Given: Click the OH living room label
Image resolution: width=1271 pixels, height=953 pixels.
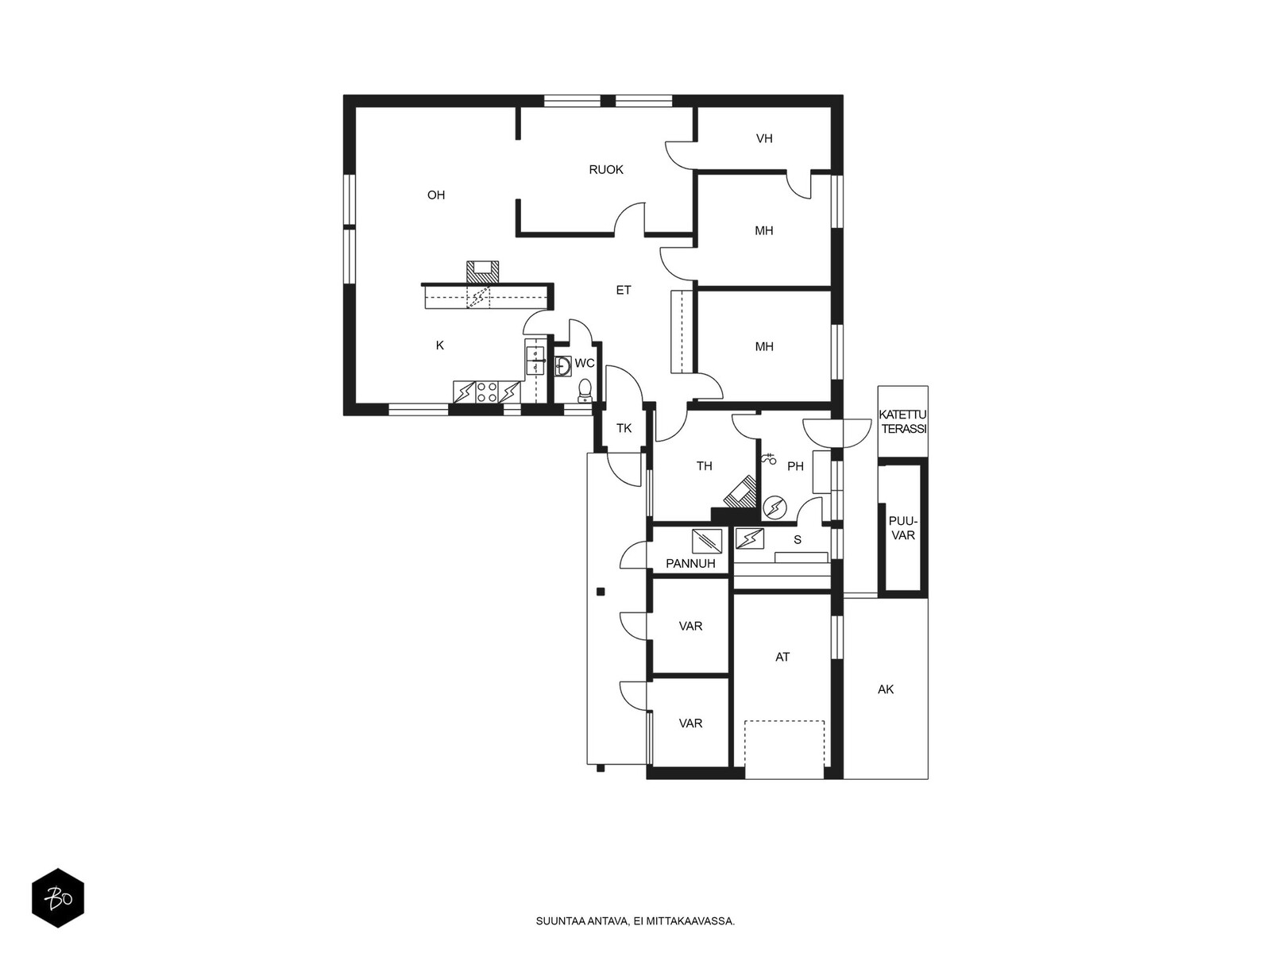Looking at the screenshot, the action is (x=436, y=195).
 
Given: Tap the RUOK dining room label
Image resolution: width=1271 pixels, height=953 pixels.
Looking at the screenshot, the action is (x=605, y=169).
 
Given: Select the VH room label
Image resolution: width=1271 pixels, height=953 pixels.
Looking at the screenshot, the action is (x=763, y=138).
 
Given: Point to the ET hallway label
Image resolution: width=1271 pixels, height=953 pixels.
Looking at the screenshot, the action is (x=623, y=290).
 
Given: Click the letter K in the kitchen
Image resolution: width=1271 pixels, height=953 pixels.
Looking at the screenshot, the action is (x=439, y=345).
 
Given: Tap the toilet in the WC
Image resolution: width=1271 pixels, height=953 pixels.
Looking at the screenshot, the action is (x=585, y=390).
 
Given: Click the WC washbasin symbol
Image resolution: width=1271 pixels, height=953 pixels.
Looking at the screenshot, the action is (x=563, y=365).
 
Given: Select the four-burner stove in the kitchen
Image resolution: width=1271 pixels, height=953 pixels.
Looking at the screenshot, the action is (x=486, y=392).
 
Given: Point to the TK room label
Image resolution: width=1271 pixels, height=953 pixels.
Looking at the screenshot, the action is (x=624, y=428).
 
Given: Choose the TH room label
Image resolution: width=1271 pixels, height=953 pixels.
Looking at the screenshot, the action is (x=704, y=466).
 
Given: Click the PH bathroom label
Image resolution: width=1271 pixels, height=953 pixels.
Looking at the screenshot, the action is (x=796, y=466).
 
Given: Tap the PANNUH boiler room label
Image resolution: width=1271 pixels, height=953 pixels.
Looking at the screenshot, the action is (x=690, y=563).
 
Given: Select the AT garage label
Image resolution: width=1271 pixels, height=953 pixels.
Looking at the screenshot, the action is (x=782, y=657).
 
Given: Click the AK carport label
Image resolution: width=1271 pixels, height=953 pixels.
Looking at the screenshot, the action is (x=886, y=689).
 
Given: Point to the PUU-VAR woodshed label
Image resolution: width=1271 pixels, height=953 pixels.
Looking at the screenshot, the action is (x=902, y=529).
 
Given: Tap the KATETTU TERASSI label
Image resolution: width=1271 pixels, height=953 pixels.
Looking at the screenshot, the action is (x=902, y=422).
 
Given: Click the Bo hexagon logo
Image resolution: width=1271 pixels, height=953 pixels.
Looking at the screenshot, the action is (x=58, y=897).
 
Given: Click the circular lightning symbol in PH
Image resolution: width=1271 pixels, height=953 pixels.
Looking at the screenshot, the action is (x=775, y=507).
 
